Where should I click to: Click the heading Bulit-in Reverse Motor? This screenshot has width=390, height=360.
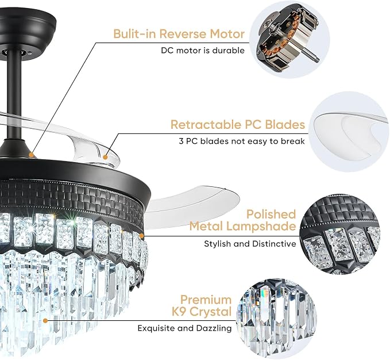tap(179, 34)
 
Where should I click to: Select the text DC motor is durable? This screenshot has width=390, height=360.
tap(203, 51)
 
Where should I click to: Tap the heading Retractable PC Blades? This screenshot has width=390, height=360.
tap(238, 124)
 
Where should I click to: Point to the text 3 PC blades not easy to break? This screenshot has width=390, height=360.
tap(242, 141)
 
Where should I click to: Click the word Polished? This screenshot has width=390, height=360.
tap(271, 214)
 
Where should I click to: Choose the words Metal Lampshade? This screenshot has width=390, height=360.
tap(243, 226)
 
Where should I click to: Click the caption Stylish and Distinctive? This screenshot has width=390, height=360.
tap(250, 244)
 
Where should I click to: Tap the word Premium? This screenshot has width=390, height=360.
tap(206, 300)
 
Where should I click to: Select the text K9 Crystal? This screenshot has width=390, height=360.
tap(202, 312)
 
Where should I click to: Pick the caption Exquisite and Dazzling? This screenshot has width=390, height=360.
tap(184, 328)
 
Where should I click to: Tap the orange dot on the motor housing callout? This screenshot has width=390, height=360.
tap(32, 155)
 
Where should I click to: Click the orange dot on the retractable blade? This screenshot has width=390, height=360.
tap(105, 158)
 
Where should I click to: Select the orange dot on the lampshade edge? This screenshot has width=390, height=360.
tap(141, 236)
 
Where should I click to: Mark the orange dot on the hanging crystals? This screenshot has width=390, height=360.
tap(45, 321)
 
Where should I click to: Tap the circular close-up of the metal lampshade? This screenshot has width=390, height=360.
tap(340, 235)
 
